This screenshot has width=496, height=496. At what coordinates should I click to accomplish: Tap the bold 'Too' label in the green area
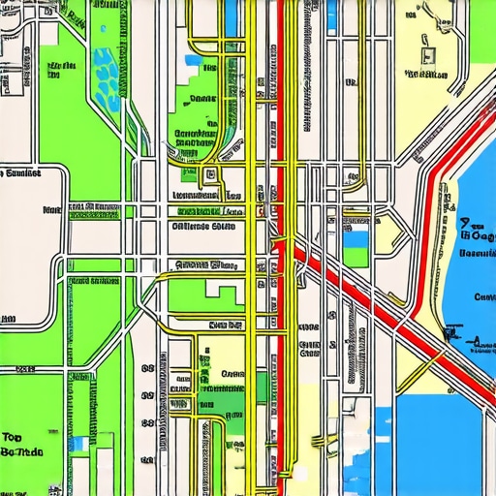[13, 437]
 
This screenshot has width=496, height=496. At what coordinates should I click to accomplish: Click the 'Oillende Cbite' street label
[203, 228]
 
